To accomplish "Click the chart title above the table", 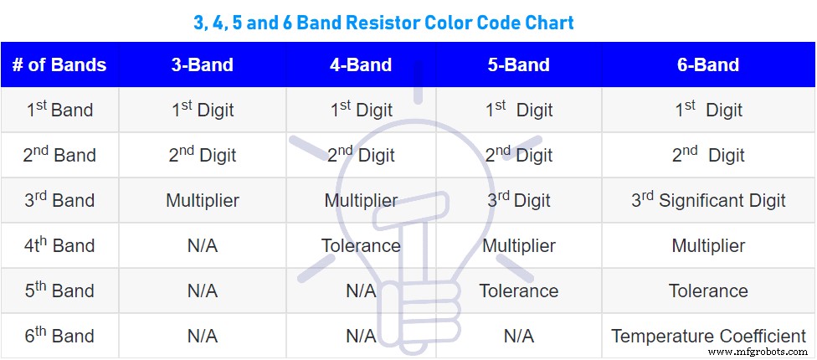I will click(384, 22).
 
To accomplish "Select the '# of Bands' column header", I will click(59, 65).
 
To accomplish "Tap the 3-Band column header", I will click(203, 65).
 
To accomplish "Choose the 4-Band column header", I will click(361, 65).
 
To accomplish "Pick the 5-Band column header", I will click(519, 65).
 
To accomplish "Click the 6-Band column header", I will click(708, 65).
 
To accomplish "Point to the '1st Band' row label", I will click(59, 110).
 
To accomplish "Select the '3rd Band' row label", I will click(59, 200).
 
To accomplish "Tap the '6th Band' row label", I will click(59, 336).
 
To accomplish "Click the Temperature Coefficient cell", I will click(708, 336).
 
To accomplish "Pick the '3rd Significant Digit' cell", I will click(708, 200).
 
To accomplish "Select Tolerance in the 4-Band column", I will click(361, 245).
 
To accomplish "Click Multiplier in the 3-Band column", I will click(203, 200).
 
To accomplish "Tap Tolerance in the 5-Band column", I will click(519, 291).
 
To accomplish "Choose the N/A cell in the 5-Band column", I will click(519, 336).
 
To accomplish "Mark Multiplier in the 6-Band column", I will click(708, 245).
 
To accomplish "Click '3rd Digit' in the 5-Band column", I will click(519, 200).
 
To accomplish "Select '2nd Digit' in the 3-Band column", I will click(203, 155).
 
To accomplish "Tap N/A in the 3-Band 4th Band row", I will click(203, 245).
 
